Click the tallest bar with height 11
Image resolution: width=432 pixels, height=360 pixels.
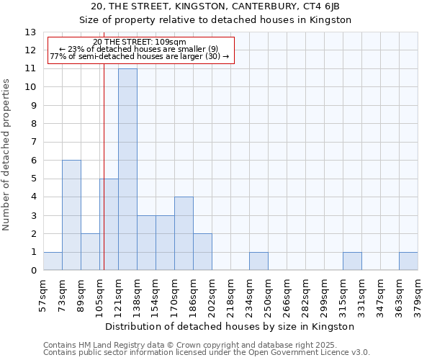tap(127, 169)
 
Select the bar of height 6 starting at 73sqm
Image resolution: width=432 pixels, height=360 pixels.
tap(71, 215)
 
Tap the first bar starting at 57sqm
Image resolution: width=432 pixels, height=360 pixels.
tap(53, 261)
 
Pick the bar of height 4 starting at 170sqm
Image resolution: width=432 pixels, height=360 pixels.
tap(184, 234)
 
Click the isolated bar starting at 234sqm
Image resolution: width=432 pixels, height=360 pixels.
tap(258, 261)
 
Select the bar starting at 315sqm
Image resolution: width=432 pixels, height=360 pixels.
tap(352, 261)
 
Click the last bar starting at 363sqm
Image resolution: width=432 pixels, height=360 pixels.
tap(408, 261)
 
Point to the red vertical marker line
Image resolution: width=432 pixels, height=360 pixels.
tap(104, 180)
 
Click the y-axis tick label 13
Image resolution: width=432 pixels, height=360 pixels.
tap(30, 32)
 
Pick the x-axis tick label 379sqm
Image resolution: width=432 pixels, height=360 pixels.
tap(418, 295)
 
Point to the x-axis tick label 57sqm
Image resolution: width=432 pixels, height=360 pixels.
tap(44, 295)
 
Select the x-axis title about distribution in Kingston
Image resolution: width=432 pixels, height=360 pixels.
tap(230, 326)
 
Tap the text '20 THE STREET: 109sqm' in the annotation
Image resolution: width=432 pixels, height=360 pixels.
tap(140, 42)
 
